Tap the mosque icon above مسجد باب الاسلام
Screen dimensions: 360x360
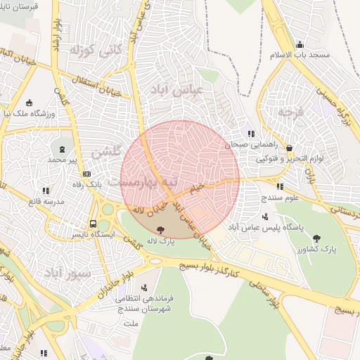pyautogui.click(x=300, y=44)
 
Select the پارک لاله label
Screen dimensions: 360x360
pyautogui.click(x=161, y=240)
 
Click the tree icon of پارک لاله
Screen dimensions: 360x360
pyautogui.click(x=161, y=229)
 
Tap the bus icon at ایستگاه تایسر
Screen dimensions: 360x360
pyautogui.click(x=93, y=224)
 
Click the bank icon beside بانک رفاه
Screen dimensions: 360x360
pyautogui.click(x=86, y=174)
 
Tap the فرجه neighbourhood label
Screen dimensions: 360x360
pyautogui.click(x=288, y=110)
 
